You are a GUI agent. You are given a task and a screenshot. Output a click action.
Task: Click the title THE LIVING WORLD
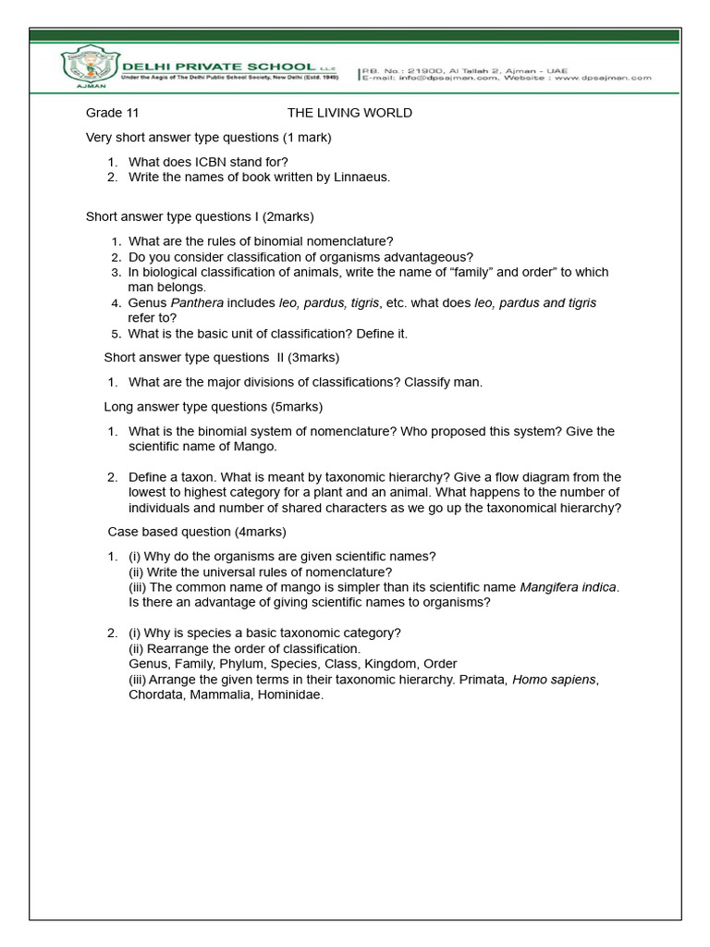(x=349, y=113)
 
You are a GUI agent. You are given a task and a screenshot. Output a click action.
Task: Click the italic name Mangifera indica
(x=569, y=587)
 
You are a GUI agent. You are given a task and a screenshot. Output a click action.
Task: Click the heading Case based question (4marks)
(x=197, y=532)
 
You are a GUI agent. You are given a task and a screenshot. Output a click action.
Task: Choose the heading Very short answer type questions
(x=208, y=138)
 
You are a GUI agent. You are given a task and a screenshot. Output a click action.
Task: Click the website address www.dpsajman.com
(x=606, y=79)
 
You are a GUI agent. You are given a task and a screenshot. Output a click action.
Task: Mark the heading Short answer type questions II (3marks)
(x=221, y=357)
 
